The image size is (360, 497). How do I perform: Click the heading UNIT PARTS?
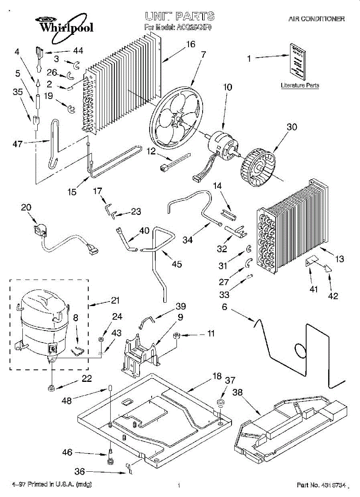[179, 16]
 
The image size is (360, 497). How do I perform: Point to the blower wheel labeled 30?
[259, 166]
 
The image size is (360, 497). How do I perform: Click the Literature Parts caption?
[300, 85]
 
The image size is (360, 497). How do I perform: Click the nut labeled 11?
[176, 335]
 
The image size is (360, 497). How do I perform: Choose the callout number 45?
[176, 264]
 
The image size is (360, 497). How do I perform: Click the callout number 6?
[224, 306]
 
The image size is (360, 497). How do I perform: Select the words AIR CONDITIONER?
[317, 19]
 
